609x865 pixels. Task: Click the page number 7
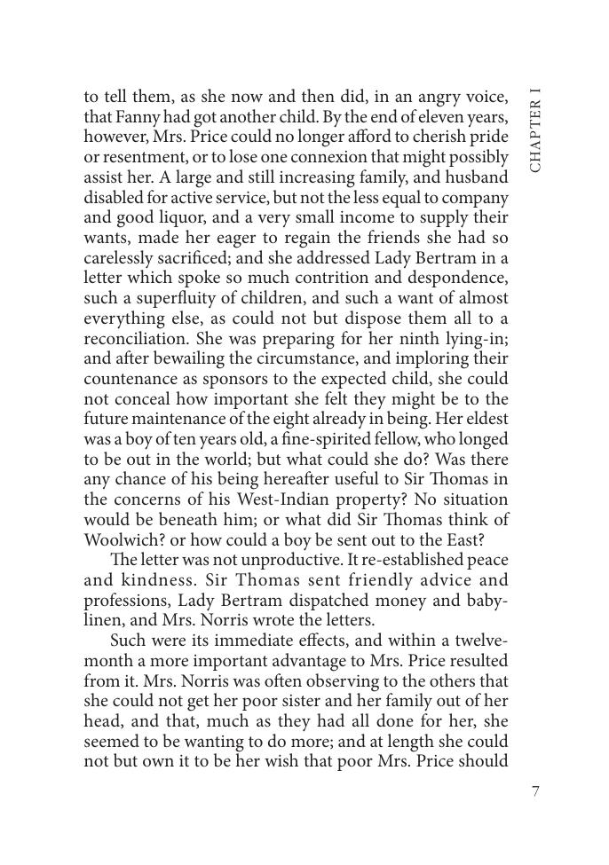(535, 792)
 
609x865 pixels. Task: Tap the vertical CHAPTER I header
(535, 131)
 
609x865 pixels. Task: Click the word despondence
(447, 278)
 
